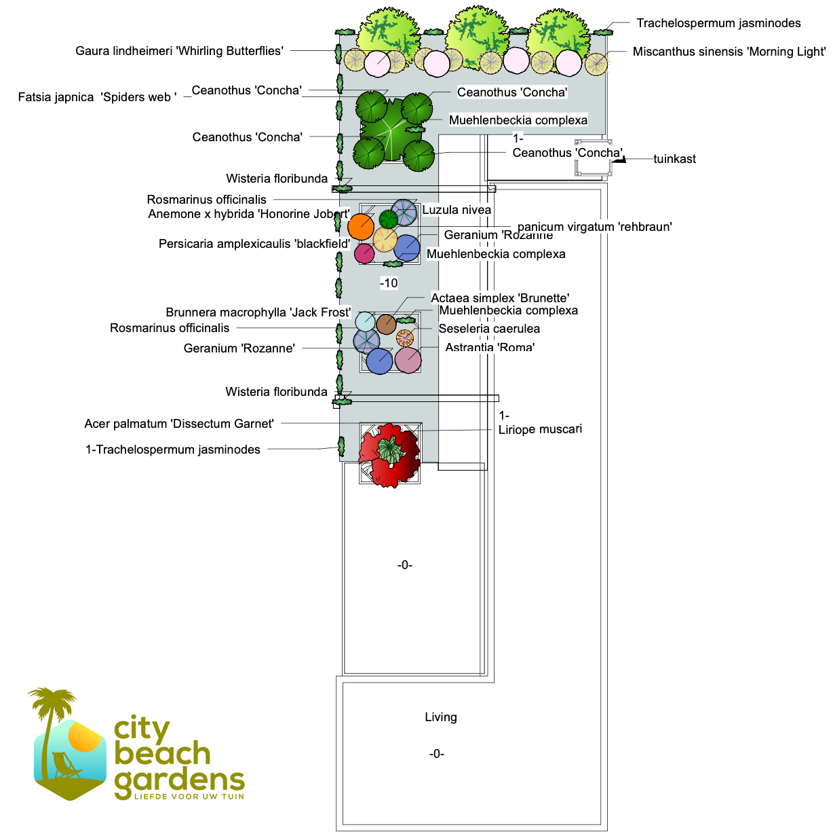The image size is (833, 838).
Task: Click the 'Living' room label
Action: pos(441,717)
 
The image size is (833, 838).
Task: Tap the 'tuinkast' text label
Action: pos(674,159)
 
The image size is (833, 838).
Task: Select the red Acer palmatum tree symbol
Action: pos(389,454)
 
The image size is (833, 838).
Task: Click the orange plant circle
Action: pos(361,226)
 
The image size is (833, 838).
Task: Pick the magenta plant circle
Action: pos(364,253)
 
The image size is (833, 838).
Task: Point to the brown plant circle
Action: pos(386,324)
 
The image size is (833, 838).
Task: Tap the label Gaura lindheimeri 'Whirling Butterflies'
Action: pos(179,51)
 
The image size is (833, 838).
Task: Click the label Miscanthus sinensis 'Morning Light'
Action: pos(729,52)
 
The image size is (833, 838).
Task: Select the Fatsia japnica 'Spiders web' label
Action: pos(97,97)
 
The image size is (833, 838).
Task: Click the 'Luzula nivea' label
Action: pos(457,210)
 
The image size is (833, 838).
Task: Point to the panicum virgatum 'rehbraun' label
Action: pos(594,227)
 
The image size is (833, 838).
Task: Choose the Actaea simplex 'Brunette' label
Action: pos(500,298)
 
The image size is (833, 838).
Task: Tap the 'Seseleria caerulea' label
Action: pos(489,329)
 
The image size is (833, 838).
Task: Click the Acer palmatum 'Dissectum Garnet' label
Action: pos(179,424)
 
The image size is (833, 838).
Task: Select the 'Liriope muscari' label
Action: pos(540,429)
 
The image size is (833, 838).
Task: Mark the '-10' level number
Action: pos(389,283)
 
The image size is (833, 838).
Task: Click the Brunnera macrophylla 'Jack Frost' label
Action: pos(258,312)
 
